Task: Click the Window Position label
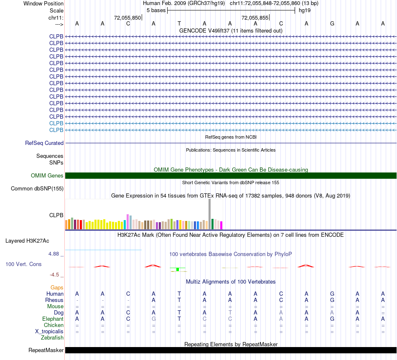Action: [43, 3]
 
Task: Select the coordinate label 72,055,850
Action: [127, 18]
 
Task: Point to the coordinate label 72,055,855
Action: [255, 18]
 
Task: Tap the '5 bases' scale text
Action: [155, 10]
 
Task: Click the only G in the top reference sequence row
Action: [332, 24]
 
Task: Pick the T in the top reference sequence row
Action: [179, 24]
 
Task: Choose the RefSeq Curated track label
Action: [44, 143]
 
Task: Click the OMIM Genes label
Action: [47, 176]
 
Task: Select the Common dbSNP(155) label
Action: [37, 189]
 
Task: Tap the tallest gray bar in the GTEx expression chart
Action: [210, 214]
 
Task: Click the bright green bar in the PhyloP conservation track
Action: [178, 269]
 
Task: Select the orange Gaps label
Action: [57, 288]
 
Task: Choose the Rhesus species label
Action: [54, 300]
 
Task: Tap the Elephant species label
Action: [53, 319]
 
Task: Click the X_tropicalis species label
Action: [49, 331]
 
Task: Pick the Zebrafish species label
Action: [52, 337]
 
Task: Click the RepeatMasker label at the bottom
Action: [46, 350]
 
